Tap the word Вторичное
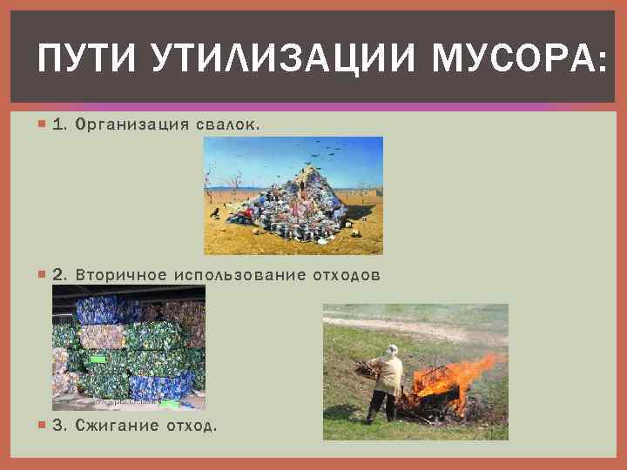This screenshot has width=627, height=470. coord(121,275)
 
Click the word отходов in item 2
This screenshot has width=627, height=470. coord(347,275)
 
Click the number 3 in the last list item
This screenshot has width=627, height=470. coord(58,426)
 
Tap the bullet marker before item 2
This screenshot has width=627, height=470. coord(44,275)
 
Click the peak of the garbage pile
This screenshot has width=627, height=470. coord(301,171)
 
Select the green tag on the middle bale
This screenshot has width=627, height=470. coord(98,359)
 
